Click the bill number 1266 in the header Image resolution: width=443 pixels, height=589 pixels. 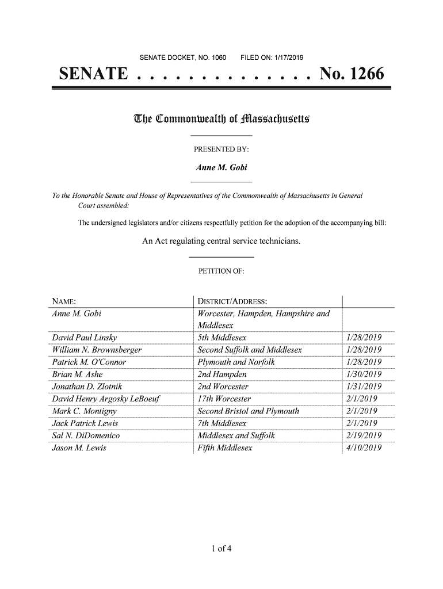(x=363, y=75)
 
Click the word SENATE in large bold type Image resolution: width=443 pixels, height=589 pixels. (x=93, y=75)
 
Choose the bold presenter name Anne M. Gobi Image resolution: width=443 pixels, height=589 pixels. (x=221, y=168)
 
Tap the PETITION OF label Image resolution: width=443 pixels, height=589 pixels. (x=221, y=271)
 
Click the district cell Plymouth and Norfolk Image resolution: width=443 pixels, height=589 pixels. (x=236, y=362)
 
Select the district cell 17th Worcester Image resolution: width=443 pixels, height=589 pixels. (x=224, y=399)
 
